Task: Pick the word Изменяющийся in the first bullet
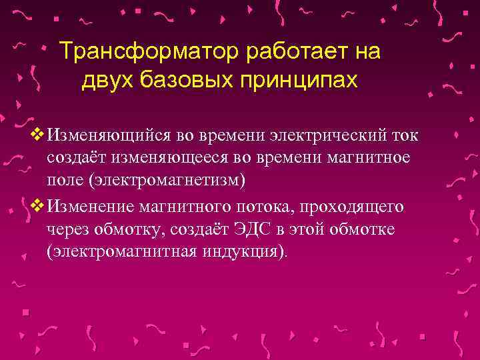point(109,136)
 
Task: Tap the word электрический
point(329,136)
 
